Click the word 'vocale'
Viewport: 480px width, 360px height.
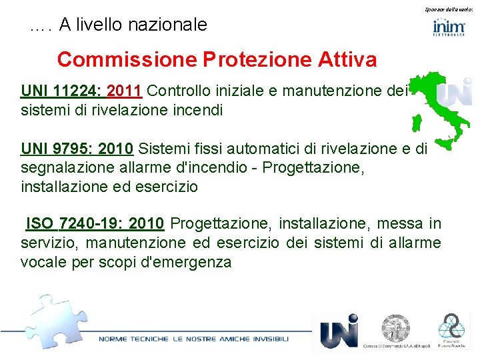pyautogui.click(x=43, y=261)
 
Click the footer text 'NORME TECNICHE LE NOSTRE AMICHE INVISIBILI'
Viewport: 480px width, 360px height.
pyautogui.click(x=194, y=339)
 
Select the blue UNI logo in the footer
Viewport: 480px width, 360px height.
pyautogui.click(x=339, y=331)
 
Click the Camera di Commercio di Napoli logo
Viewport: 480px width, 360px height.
pyautogui.click(x=395, y=331)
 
